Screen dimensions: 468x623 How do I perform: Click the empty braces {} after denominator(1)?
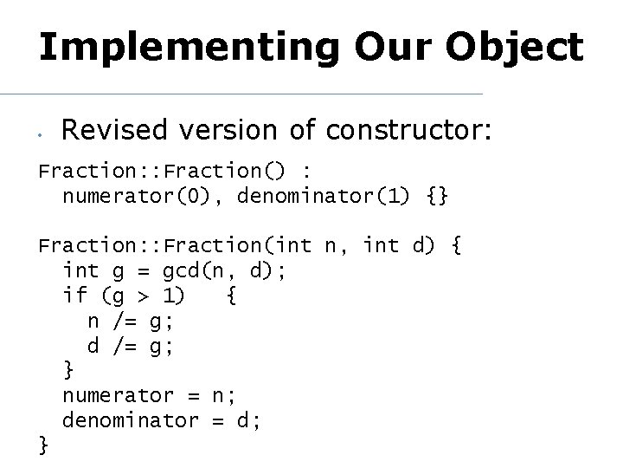pyautogui.click(x=438, y=196)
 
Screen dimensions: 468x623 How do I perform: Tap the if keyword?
pyautogui.click(x=74, y=296)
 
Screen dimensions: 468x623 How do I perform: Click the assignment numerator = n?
pyautogui.click(x=149, y=395)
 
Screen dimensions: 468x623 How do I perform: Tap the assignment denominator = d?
pyautogui.click(x=162, y=420)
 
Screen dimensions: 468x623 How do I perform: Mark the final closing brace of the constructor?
pyautogui.click(x=44, y=445)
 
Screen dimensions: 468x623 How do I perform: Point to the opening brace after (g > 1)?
pyautogui.click(x=231, y=296)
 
